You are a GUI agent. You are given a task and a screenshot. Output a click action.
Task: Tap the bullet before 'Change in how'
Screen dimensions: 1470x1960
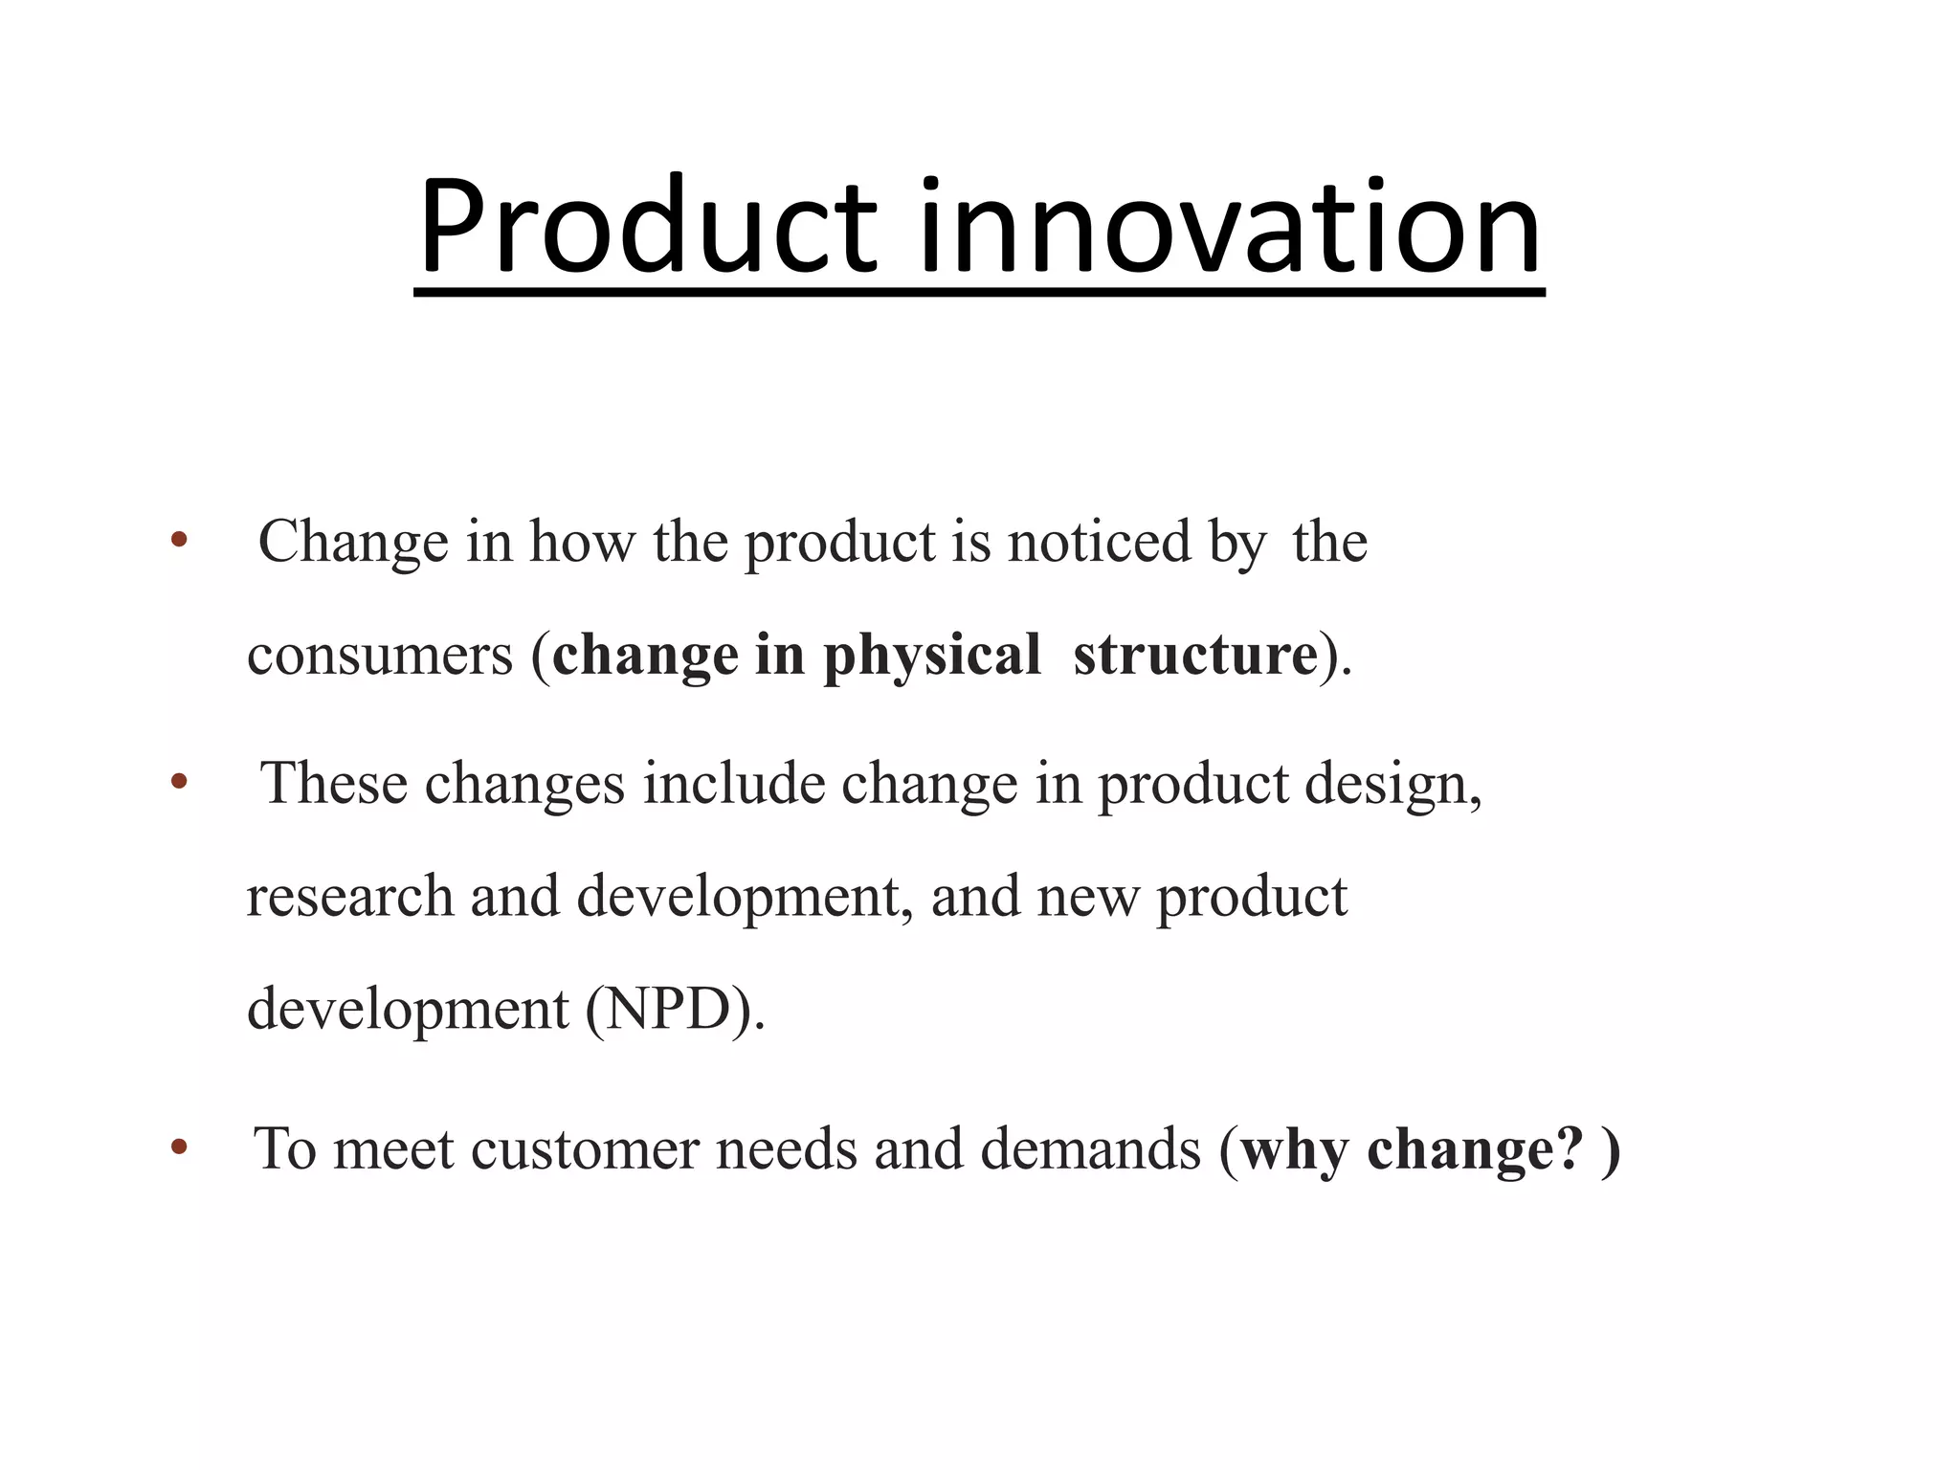click(179, 541)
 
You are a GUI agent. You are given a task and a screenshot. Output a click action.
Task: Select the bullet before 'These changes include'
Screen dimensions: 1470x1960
click(179, 783)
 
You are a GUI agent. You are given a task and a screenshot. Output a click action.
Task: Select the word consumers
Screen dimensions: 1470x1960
click(380, 657)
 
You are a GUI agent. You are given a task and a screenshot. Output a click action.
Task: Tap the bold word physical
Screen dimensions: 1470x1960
click(931, 657)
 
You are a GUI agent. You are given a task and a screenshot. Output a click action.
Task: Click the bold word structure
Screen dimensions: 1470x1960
click(1195, 657)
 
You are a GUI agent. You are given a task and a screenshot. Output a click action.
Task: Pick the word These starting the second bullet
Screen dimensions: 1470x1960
click(334, 783)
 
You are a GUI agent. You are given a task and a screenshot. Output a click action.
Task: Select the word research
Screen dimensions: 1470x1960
click(349, 897)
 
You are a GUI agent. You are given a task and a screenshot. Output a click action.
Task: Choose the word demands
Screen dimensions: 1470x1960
click(1090, 1148)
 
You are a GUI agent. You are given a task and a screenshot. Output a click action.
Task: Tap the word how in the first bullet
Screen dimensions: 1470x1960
click(582, 542)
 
